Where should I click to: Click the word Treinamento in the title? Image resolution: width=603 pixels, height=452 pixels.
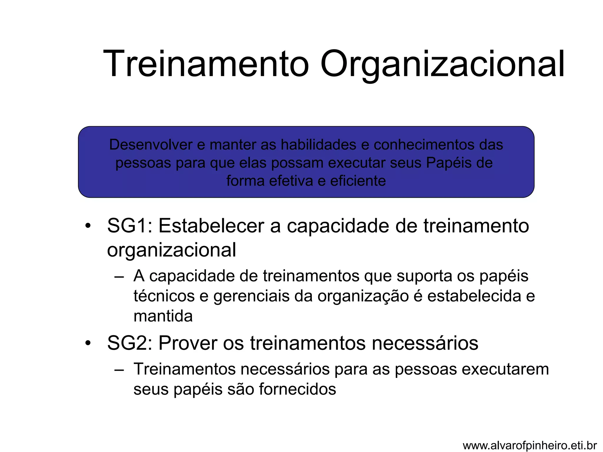click(x=206, y=64)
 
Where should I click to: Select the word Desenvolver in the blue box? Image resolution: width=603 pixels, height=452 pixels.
click(x=150, y=145)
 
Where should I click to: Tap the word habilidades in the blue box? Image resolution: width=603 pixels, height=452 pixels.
click(x=318, y=145)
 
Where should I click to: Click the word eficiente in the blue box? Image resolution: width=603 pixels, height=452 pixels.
click(x=358, y=181)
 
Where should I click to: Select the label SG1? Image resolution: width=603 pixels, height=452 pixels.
click(x=130, y=226)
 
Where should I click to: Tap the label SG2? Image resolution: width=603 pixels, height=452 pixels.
click(x=130, y=343)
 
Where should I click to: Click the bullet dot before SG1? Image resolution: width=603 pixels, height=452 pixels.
click(x=88, y=227)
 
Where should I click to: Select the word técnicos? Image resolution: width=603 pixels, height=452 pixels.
click(x=164, y=296)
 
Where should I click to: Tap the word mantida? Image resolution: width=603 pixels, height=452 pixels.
click(x=163, y=316)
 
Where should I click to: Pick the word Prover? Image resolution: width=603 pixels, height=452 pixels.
click(x=188, y=343)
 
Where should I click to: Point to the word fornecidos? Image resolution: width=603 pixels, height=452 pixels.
click(x=297, y=389)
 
